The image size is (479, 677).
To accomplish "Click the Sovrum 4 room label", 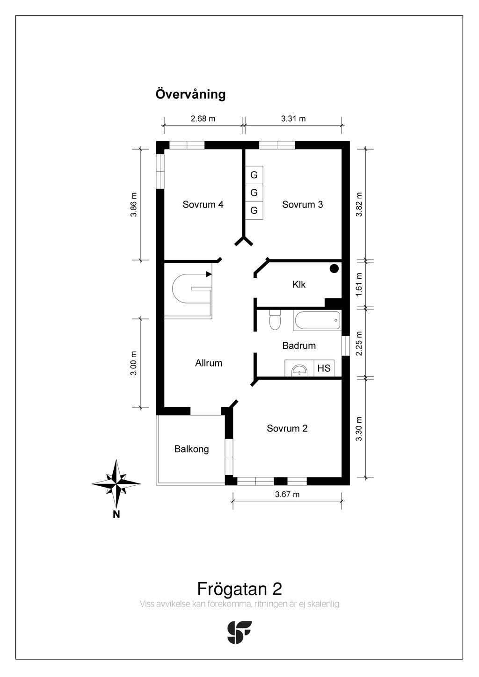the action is [x=203, y=205].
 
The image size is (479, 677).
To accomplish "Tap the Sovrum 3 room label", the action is [x=302, y=205].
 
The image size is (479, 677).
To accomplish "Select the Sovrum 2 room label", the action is [x=287, y=428].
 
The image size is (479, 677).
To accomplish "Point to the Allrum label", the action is [x=209, y=363].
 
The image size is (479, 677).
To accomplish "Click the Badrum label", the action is [x=299, y=346].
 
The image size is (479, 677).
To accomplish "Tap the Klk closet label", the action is [x=299, y=284].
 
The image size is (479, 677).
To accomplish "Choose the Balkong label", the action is [x=191, y=449].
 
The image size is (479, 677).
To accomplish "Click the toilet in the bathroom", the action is [x=275, y=320].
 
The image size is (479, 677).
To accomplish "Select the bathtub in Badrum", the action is [x=317, y=320].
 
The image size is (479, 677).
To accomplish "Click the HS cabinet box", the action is [x=324, y=368].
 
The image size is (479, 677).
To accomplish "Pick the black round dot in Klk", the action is [x=334, y=268].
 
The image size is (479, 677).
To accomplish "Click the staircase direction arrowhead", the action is [x=209, y=274].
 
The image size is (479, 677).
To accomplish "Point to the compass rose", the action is [x=116, y=483].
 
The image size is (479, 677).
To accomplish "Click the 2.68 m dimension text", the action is [x=203, y=118].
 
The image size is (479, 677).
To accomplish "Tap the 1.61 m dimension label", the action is [x=359, y=284].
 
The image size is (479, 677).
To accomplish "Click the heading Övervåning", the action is [x=190, y=94].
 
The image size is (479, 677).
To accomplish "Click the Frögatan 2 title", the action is [x=239, y=589].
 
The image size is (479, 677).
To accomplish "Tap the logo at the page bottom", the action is [x=239, y=632].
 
